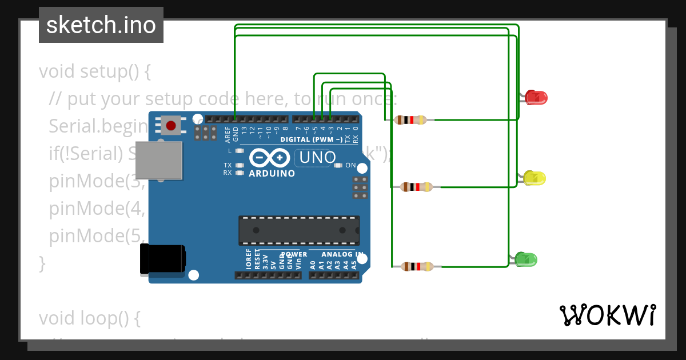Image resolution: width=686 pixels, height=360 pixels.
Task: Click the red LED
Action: (536, 98)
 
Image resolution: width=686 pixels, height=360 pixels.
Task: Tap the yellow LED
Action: (535, 178)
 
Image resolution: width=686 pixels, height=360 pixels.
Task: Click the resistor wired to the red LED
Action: (411, 120)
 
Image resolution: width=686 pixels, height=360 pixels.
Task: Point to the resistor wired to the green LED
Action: (417, 266)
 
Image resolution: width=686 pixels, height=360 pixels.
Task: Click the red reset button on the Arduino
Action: (170, 125)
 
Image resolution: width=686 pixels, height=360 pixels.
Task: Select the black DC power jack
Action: (162, 259)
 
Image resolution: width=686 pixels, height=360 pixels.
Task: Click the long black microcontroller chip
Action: (299, 230)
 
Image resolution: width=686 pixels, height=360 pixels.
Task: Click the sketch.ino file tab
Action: (101, 25)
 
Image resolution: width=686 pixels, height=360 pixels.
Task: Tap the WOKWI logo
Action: (607, 315)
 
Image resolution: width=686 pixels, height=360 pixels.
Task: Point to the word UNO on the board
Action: (315, 157)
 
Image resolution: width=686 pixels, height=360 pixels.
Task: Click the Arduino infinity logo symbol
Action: (271, 157)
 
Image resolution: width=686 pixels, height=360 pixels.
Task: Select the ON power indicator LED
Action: (338, 166)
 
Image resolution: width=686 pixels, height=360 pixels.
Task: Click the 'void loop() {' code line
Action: (90, 318)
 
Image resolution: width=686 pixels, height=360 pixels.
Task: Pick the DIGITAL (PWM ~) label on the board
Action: (312, 139)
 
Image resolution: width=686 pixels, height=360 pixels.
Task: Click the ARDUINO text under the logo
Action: (272, 173)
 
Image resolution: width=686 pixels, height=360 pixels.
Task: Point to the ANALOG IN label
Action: (342, 254)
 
